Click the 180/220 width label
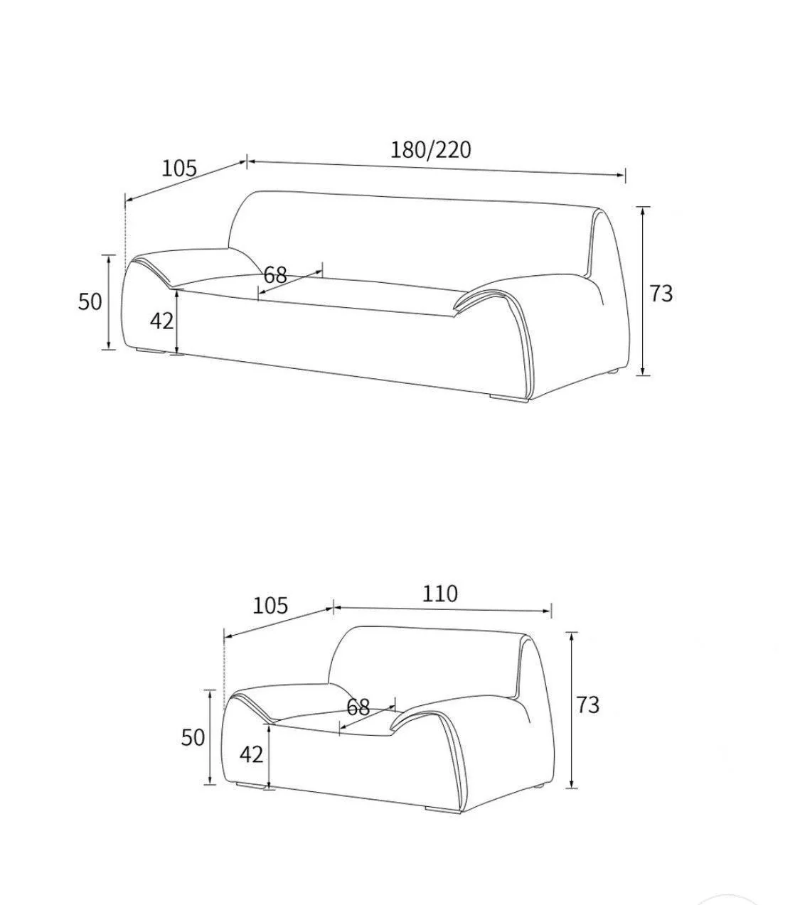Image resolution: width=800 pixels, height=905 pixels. (x=431, y=150)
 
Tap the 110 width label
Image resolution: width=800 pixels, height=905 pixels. (x=440, y=594)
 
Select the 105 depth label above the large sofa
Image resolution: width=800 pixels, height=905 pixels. (x=178, y=168)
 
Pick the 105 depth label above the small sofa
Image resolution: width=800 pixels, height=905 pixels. (x=270, y=606)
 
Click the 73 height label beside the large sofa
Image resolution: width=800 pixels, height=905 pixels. (x=661, y=294)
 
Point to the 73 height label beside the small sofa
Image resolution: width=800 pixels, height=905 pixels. (x=587, y=705)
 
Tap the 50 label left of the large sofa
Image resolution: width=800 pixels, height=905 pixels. (x=90, y=301)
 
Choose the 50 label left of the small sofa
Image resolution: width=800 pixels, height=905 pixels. (x=193, y=737)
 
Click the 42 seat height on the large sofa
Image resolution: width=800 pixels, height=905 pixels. (x=162, y=321)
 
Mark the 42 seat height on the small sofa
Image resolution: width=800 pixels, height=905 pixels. (x=251, y=754)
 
